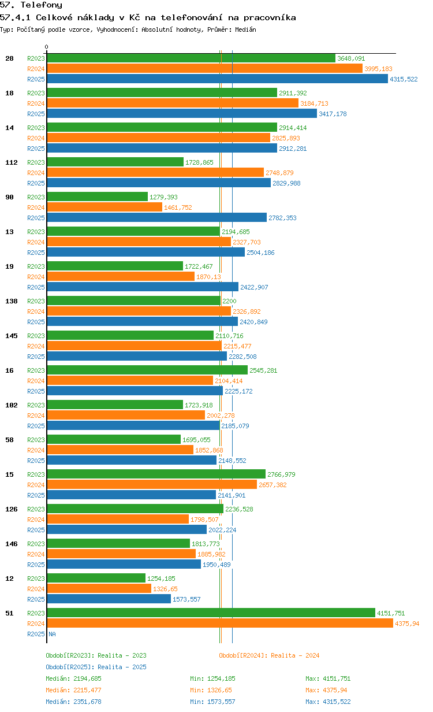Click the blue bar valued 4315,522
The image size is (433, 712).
coord(218,79)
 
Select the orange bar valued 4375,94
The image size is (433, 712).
coord(220,624)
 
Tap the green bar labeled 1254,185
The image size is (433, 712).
coord(96,578)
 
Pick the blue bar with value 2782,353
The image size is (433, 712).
coord(157,217)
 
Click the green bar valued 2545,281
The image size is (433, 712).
coord(147,370)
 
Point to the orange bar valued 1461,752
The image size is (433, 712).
coord(104,207)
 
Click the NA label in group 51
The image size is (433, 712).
coord(52,634)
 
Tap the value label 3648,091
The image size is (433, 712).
coord(351,58)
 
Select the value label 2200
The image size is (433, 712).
coord(229,301)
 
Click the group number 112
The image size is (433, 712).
coord(12,162)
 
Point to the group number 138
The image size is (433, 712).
coord(12,301)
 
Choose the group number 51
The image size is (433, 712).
coord(9,613)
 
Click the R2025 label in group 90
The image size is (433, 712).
coord(36,218)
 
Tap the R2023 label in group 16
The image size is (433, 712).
coord(36,370)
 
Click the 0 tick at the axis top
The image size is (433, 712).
coord(47,47)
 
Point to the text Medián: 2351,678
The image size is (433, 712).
coord(74,702)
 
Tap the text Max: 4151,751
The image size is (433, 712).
coord(328,678)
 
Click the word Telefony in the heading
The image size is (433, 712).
coord(42,5)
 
